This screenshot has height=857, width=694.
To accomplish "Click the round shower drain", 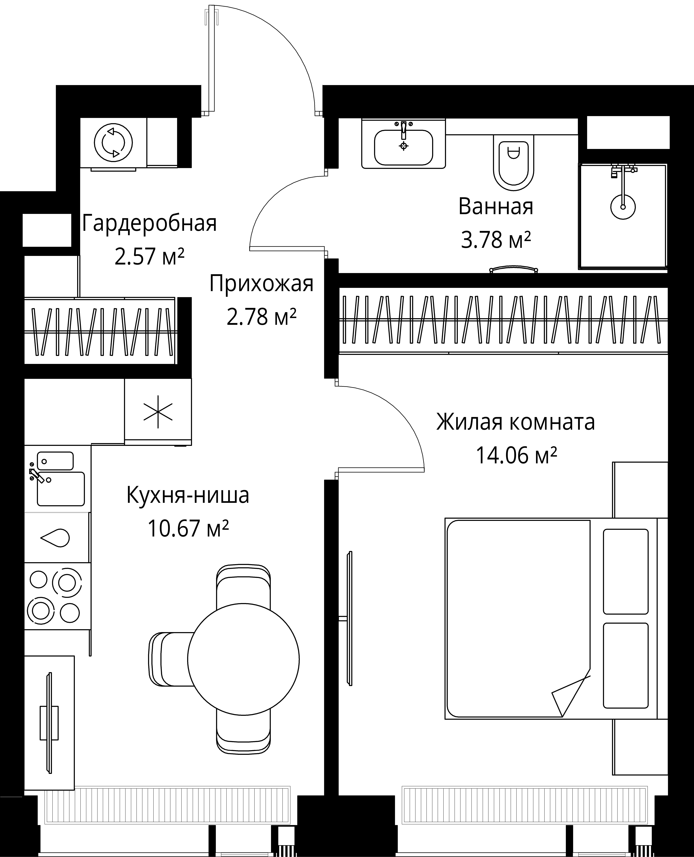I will pos(623,207).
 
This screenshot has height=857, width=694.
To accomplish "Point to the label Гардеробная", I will pos(149,224).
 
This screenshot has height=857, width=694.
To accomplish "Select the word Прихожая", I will pos(261,284).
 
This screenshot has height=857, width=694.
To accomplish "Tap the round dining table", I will pos(243,659).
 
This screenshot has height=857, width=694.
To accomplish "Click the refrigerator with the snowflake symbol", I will pos(158,411).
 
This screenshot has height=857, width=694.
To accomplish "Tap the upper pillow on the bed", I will pos(625,571).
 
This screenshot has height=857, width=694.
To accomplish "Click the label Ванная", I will pos(496,207).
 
